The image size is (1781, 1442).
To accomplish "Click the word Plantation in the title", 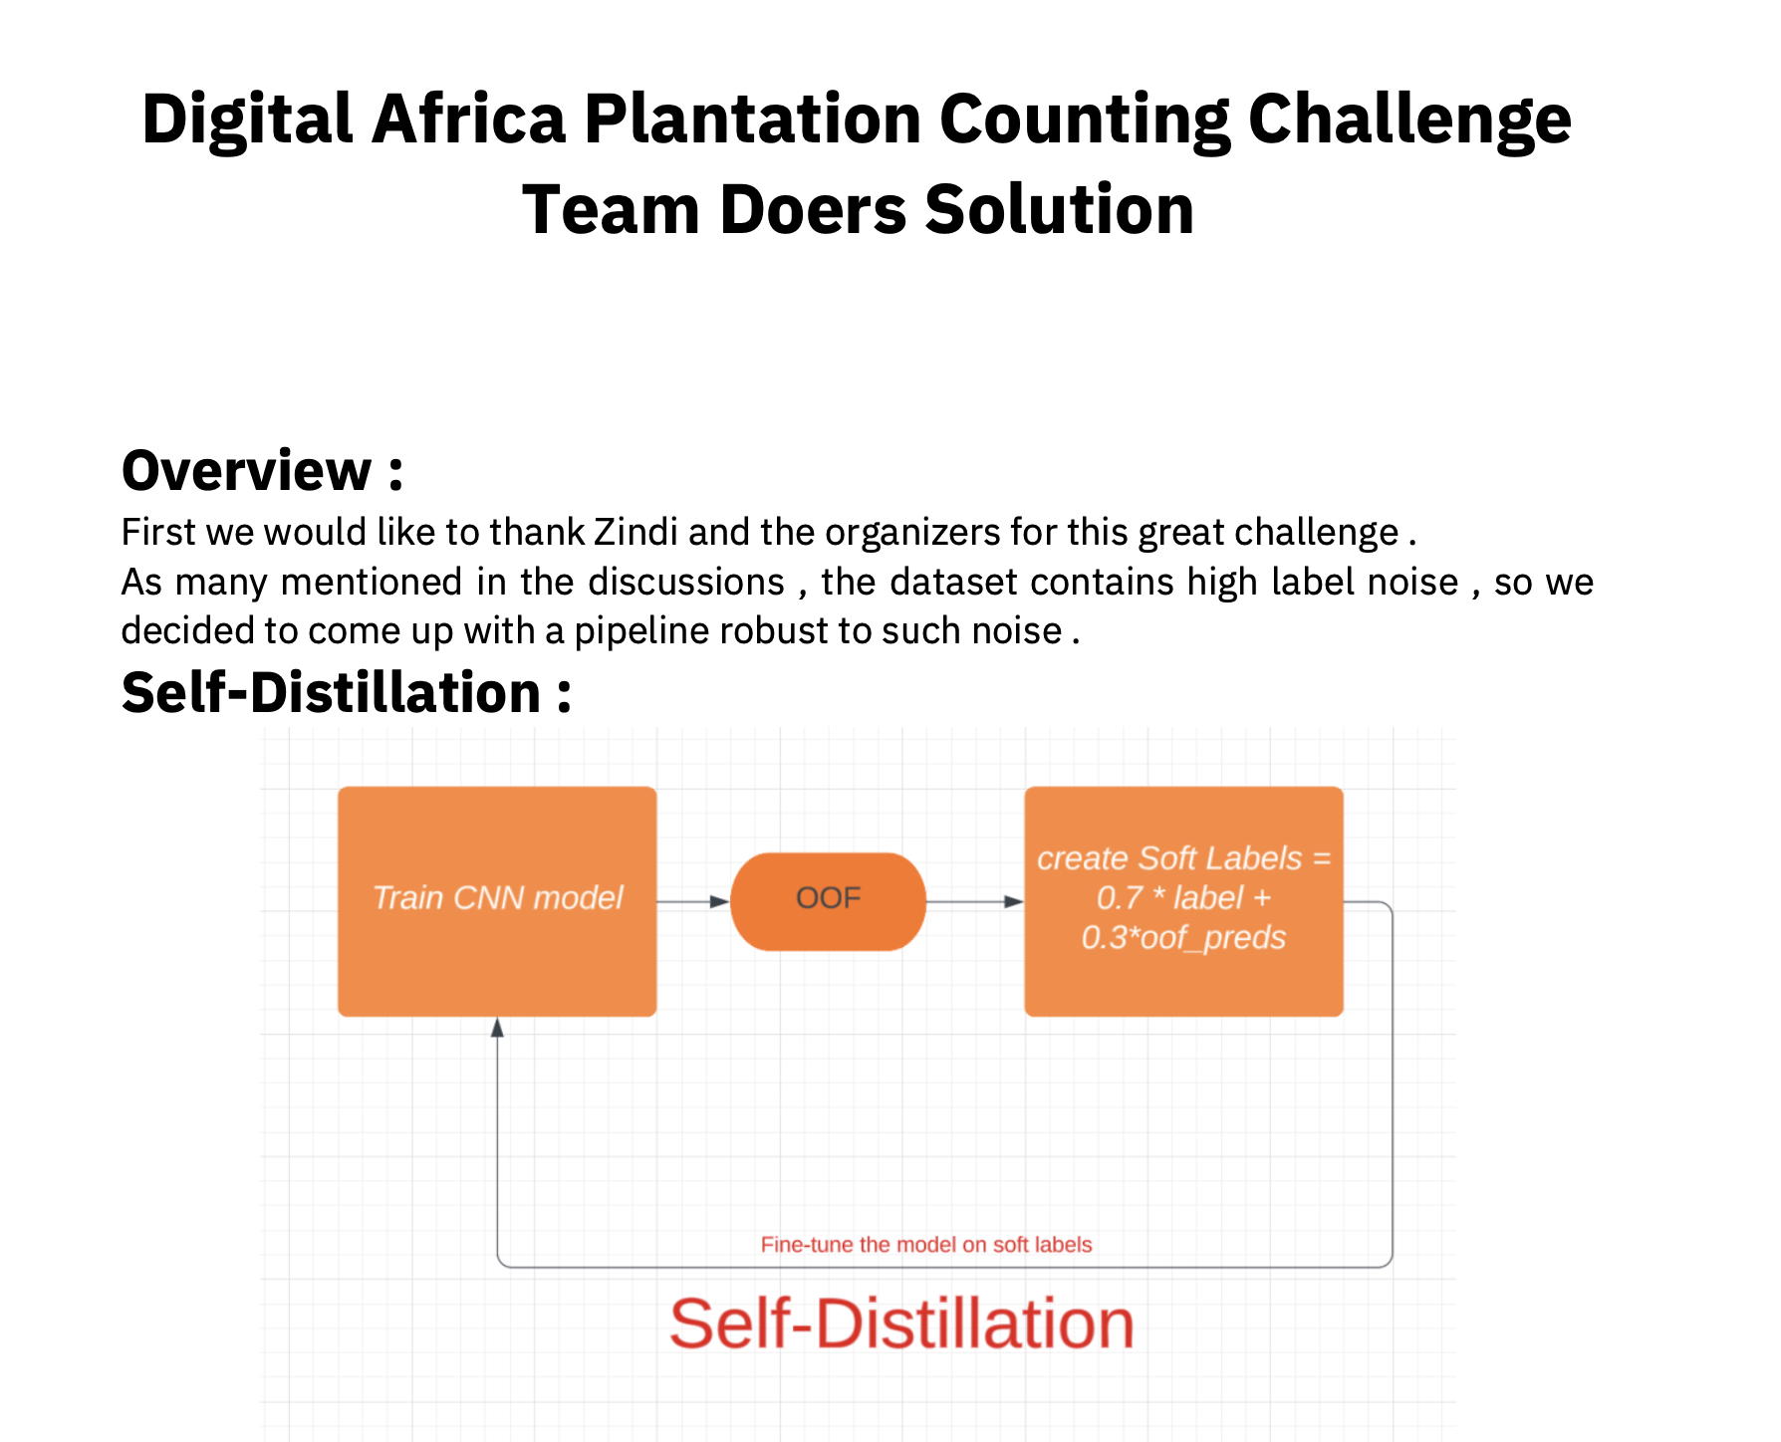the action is point(753,120).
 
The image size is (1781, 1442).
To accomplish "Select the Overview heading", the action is point(262,470).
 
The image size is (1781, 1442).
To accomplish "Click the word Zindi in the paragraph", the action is point(636,532).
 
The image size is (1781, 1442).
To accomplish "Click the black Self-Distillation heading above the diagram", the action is point(347,692).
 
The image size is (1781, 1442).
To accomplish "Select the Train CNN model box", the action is point(497,901).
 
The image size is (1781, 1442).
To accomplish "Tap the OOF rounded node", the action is point(828,901).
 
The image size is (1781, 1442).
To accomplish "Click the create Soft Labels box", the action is point(1183,901).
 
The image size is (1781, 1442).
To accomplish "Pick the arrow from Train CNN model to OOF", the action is point(693,901).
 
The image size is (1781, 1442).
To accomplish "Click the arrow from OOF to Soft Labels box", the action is point(975,901).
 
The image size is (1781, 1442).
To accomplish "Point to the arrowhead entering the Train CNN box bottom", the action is point(497,1027).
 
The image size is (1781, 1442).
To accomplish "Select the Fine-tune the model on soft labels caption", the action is point(926,1245).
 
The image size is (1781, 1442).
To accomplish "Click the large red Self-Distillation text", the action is point(901,1324).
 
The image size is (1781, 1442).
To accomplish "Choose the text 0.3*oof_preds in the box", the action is point(1183,937).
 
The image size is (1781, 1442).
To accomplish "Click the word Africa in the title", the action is point(468,120).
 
